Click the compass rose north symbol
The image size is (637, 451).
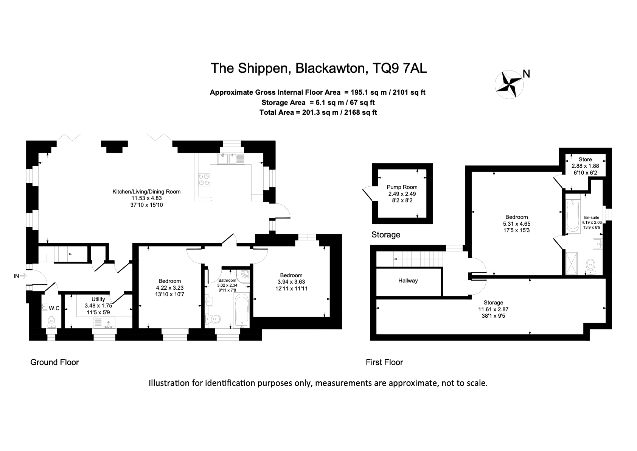point(509,84)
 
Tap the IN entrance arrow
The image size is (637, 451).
point(23,276)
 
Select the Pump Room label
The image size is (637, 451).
point(402,187)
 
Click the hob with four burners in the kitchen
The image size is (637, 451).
point(204,179)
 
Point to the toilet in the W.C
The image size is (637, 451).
point(51,322)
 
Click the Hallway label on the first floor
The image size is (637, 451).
point(408,281)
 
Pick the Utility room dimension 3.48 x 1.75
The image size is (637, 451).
point(98,306)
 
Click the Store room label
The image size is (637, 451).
point(585,159)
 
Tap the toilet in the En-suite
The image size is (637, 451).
point(591,267)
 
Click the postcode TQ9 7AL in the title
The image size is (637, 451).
point(399,68)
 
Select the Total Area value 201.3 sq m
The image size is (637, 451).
point(320,112)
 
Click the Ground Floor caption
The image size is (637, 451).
point(54,362)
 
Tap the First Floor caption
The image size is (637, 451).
point(384,362)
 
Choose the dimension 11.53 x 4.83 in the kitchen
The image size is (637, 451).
point(146,198)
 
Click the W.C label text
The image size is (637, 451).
point(54,308)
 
